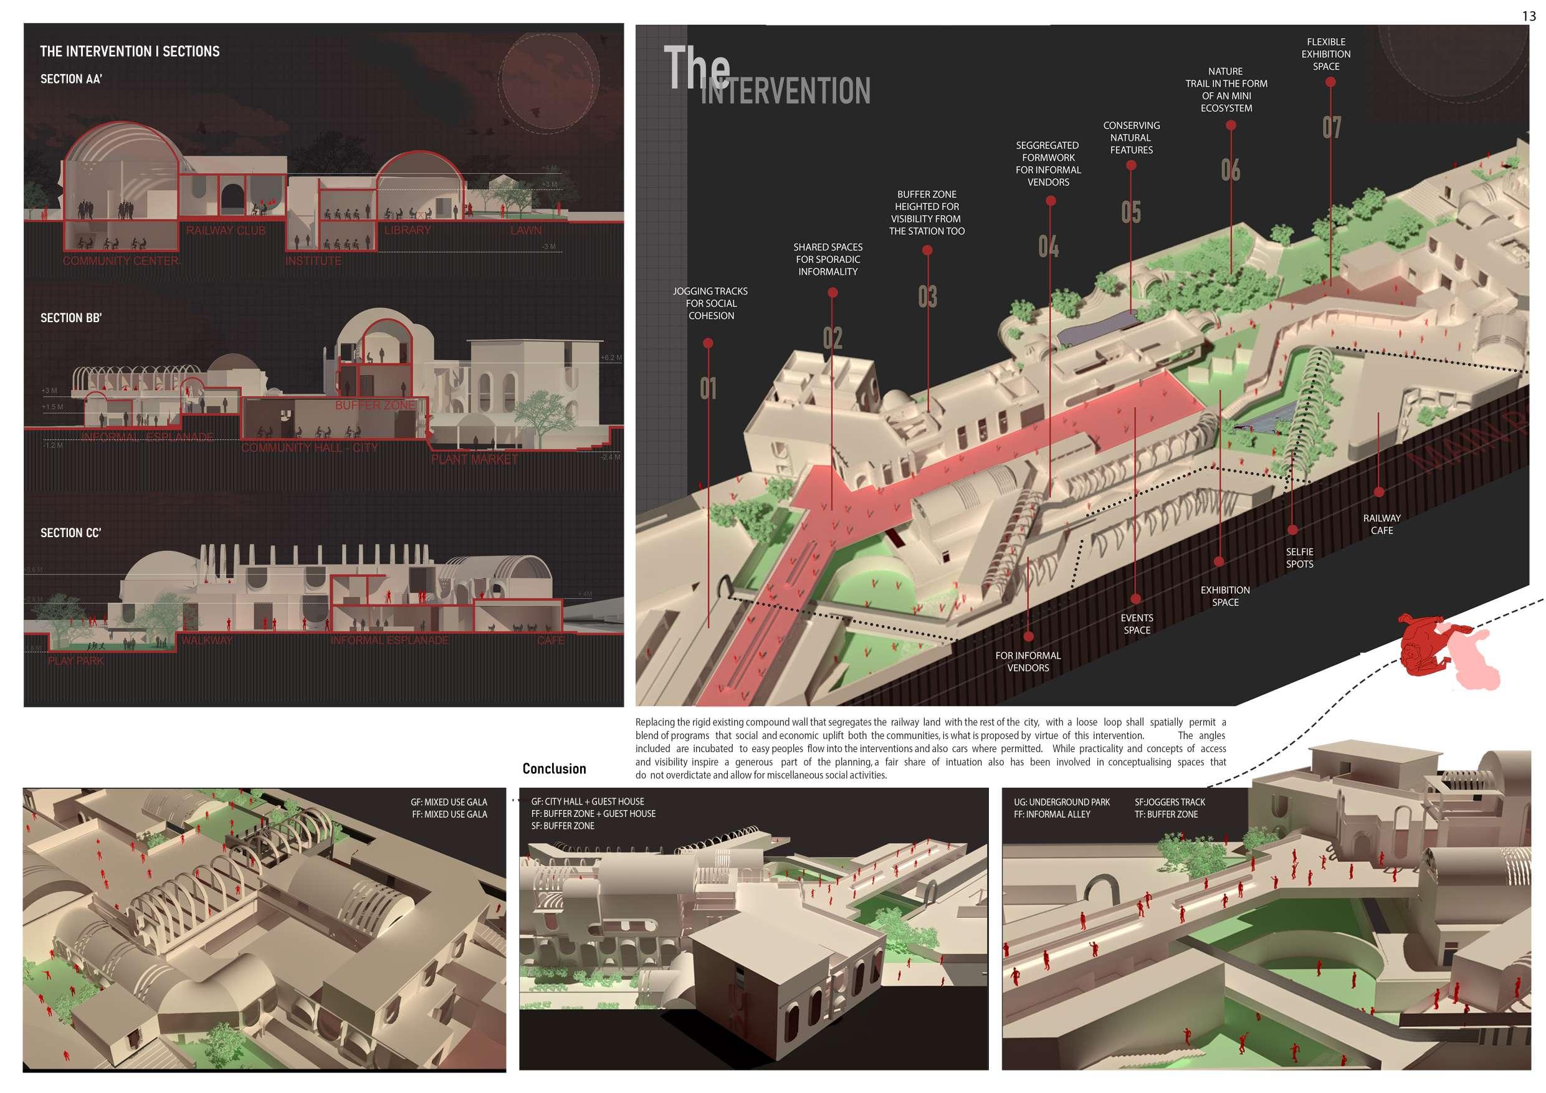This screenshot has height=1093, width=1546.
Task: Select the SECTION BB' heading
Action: (70, 318)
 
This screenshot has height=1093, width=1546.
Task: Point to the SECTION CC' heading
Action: (70, 533)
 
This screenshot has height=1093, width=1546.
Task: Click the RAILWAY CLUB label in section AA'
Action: (226, 231)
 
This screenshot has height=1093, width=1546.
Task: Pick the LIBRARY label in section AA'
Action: (408, 231)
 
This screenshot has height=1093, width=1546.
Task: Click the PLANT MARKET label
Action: (475, 460)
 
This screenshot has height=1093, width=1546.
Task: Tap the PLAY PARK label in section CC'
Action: (75, 661)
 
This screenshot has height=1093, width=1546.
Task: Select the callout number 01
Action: (708, 389)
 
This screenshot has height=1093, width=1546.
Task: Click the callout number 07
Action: (1331, 127)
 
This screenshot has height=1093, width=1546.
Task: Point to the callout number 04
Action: (1048, 247)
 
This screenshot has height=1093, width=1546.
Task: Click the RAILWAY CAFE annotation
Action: (1381, 525)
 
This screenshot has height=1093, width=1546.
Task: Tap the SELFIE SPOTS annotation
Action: (1300, 558)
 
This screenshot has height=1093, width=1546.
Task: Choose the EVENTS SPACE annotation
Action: (1137, 624)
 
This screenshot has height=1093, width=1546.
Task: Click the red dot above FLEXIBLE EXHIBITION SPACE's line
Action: (1330, 82)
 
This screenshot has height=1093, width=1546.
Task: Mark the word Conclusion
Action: (554, 769)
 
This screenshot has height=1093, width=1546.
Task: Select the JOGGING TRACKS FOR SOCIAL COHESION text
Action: (710, 303)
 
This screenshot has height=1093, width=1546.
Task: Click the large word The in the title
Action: (696, 67)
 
